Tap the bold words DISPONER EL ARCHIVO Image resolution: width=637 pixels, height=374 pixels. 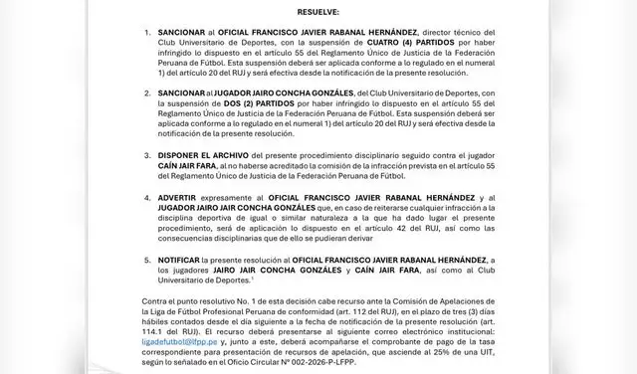[x=208, y=157]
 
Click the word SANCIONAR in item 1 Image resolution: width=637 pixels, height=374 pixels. [x=182, y=34]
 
